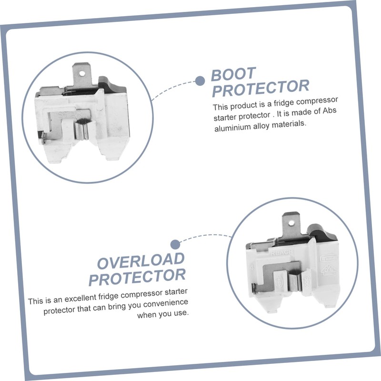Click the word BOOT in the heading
coord(233,74)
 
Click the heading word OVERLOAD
coord(141,261)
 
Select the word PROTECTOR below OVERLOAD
coord(137,276)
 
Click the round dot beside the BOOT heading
coord(200,80)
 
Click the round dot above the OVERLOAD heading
coord(175,244)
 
